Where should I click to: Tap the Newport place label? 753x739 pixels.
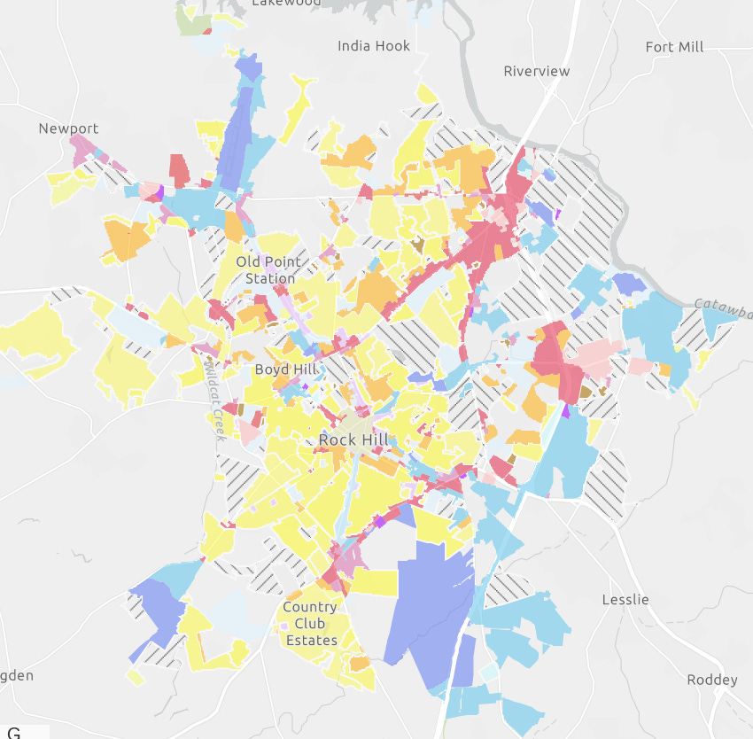click(68, 128)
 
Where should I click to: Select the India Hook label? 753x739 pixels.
click(374, 46)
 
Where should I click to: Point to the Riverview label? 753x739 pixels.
click(536, 71)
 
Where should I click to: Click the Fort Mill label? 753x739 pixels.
click(674, 47)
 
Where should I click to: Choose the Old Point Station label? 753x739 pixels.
click(270, 270)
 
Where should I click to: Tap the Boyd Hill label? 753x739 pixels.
click(283, 369)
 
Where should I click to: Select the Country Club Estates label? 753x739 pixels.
click(310, 624)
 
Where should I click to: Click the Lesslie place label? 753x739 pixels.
click(625, 600)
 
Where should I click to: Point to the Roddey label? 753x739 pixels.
click(711, 680)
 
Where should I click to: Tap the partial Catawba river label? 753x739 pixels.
click(722, 307)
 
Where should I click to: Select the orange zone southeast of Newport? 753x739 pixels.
click(127, 239)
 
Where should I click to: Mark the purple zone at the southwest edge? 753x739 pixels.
click(159, 611)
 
